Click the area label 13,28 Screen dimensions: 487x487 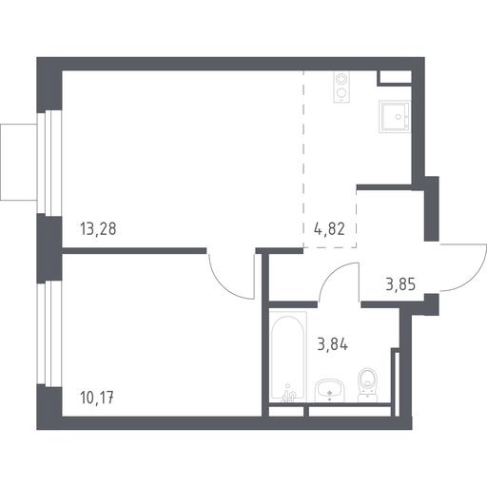click(x=98, y=229)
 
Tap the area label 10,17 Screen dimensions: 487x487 click(x=97, y=398)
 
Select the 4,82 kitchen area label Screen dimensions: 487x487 click(x=329, y=229)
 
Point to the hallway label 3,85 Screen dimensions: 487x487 click(x=400, y=284)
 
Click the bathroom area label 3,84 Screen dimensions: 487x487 click(x=333, y=344)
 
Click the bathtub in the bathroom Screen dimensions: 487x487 click(x=288, y=357)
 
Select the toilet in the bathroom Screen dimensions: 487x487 click(x=368, y=385)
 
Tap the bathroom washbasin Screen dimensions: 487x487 click(x=330, y=391)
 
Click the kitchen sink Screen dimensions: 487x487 click(x=395, y=116)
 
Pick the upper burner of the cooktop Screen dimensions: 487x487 click(x=341, y=79)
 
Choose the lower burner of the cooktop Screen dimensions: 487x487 click(x=341, y=93)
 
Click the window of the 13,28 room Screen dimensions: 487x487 click(x=49, y=162)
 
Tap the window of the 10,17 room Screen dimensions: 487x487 click(x=49, y=333)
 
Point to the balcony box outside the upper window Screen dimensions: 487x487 click(x=19, y=162)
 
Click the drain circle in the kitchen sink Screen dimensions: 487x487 click(x=399, y=117)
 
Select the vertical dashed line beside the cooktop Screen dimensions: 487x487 click(x=303, y=159)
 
